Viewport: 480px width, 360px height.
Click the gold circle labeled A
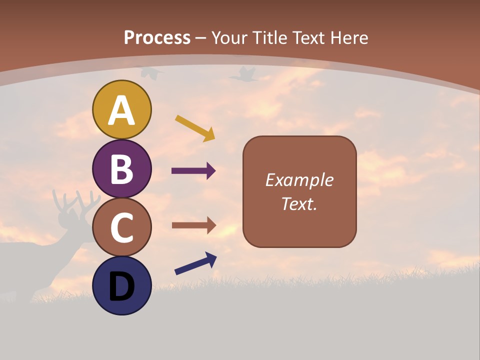(x=122, y=109)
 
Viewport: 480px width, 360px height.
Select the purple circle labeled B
(x=122, y=168)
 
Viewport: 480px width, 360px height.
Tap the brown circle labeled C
(x=122, y=227)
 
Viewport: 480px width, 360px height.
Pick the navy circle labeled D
(x=122, y=285)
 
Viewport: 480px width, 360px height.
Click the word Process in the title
(x=157, y=37)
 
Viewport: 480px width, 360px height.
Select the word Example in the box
(x=299, y=180)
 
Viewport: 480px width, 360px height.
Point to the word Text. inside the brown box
(x=299, y=203)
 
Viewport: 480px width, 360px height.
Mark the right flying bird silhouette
(x=244, y=74)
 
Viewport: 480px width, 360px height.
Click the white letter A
(x=122, y=110)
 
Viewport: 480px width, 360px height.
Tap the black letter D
(x=122, y=286)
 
